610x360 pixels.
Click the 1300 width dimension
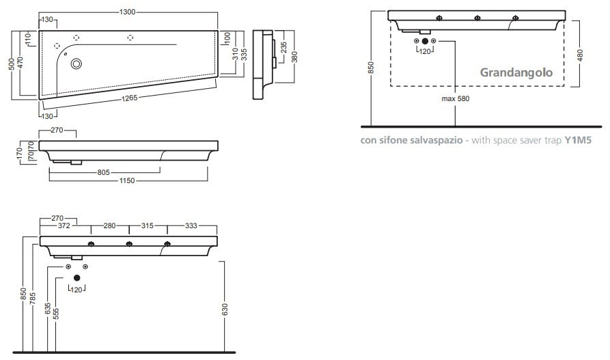click(x=128, y=12)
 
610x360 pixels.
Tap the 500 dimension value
click(x=12, y=64)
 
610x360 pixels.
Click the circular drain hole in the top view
click(x=77, y=64)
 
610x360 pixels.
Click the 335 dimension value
click(x=244, y=53)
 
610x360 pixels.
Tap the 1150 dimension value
click(x=128, y=180)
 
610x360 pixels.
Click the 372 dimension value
click(x=65, y=226)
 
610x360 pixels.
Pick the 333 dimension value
click(x=191, y=226)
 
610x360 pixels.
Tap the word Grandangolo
click(x=516, y=72)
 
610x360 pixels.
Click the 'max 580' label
click(x=455, y=98)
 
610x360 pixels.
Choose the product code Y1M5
click(x=577, y=141)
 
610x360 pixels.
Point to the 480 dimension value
click(x=580, y=55)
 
